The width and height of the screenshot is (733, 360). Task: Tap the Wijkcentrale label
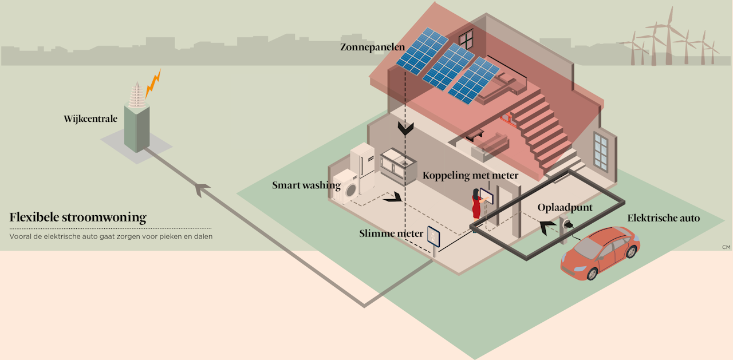(90, 119)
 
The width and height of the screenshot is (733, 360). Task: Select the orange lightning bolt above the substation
(153, 84)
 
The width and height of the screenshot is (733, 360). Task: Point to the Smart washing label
(306, 185)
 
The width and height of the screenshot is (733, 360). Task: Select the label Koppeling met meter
(470, 175)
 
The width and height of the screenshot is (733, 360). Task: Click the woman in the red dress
(476, 204)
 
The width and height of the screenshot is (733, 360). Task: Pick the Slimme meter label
(391, 234)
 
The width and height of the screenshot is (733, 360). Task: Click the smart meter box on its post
(433, 238)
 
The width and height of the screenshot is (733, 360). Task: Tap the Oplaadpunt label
(565, 207)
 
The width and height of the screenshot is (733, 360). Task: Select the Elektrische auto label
(663, 218)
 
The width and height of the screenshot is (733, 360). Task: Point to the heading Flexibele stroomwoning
(78, 218)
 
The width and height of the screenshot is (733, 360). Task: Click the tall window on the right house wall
(601, 151)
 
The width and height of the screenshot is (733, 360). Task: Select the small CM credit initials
(726, 247)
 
